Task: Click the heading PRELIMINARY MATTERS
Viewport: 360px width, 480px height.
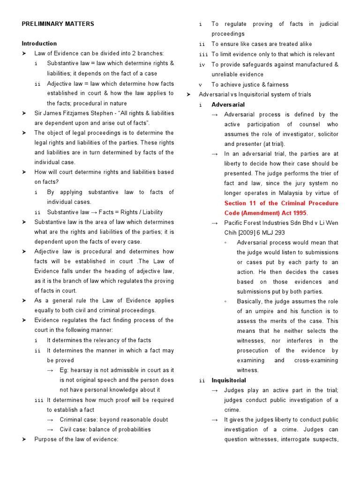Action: pos(58,24)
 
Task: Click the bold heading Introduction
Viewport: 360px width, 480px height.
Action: pos(39,44)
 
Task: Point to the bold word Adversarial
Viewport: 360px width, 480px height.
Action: pos(228,105)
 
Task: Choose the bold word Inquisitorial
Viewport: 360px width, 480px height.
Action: pos(228,380)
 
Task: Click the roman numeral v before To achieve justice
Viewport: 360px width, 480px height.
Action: pos(200,85)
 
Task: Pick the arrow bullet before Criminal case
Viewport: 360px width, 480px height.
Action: pos(50,420)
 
